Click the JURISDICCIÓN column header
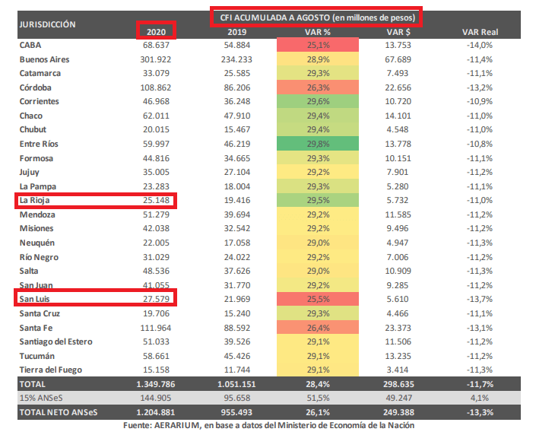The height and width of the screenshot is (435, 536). (47, 24)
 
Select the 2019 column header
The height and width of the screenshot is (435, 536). (237, 31)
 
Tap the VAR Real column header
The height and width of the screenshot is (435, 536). (479, 31)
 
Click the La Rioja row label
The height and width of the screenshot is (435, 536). (36, 201)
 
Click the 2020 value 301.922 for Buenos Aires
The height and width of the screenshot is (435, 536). (155, 59)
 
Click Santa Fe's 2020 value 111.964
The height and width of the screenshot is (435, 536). (155, 327)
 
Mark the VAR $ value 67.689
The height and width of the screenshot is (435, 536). (398, 59)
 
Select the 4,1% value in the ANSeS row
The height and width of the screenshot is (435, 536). (479, 398)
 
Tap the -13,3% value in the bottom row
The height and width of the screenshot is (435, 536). (479, 411)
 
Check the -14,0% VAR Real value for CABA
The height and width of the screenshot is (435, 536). (479, 45)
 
